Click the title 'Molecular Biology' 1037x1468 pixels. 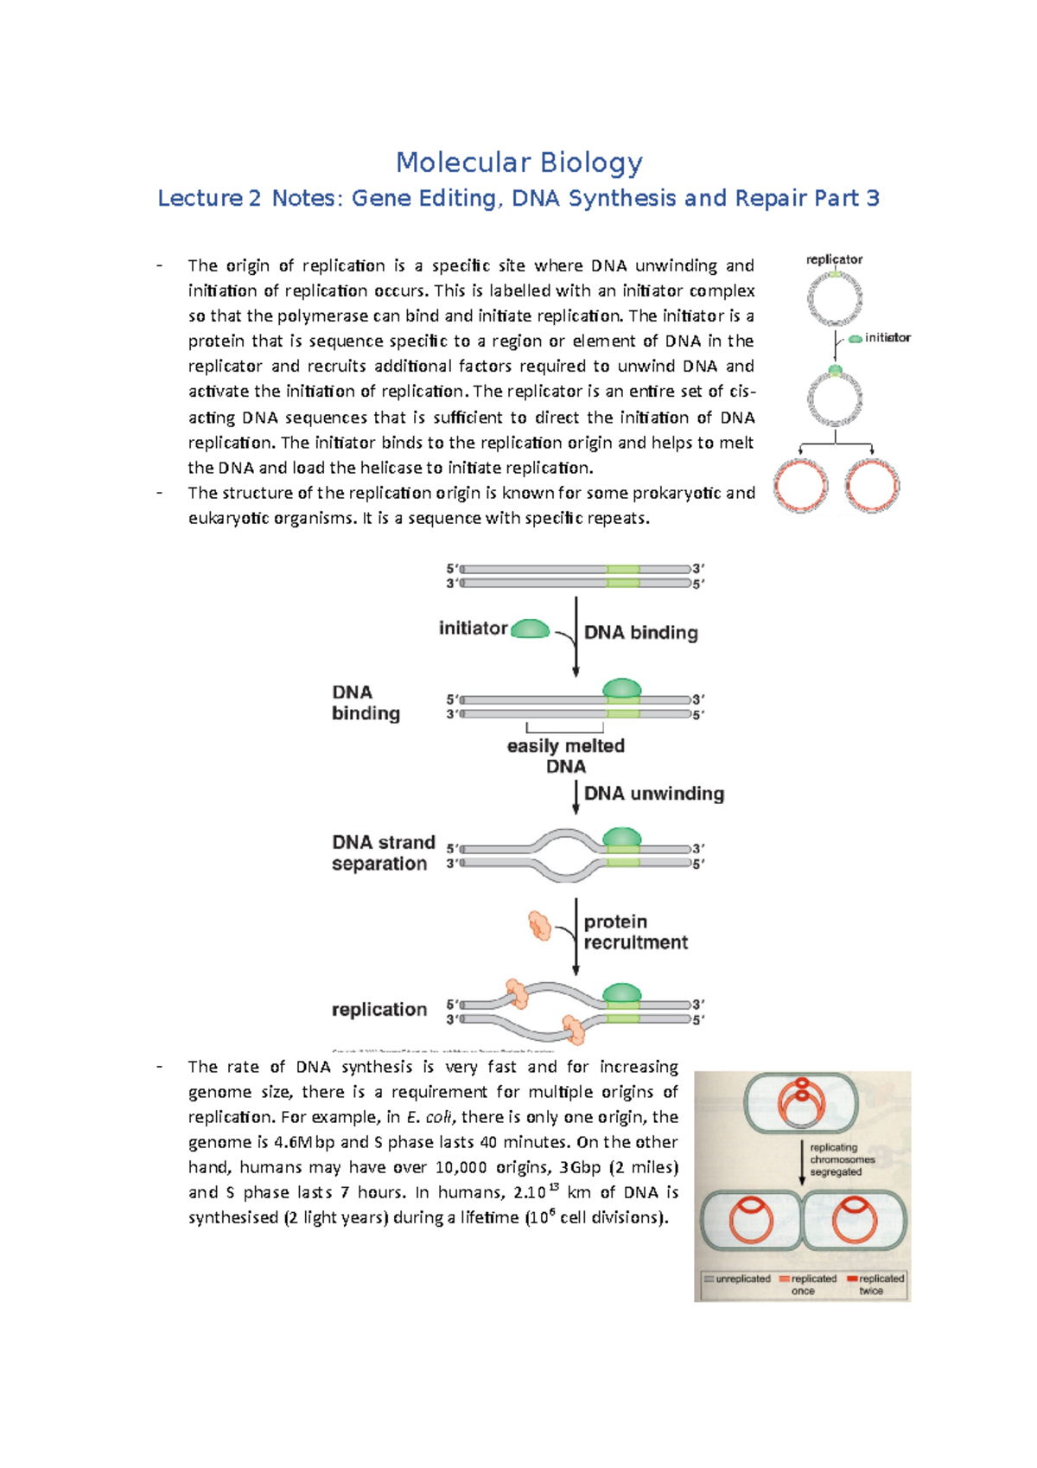click(518, 163)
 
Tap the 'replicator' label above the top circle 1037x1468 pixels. click(834, 259)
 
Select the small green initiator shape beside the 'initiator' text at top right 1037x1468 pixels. click(856, 339)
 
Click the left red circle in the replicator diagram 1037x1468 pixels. click(800, 486)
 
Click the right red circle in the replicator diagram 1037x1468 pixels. click(871, 486)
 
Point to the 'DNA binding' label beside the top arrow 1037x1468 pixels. click(640, 633)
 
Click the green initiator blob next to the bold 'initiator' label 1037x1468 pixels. click(530, 629)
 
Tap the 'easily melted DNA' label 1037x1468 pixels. click(565, 756)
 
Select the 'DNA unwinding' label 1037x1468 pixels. click(653, 794)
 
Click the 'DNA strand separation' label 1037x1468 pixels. click(382, 852)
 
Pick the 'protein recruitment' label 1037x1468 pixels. click(634, 932)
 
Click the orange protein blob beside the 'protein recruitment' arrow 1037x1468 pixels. click(540, 926)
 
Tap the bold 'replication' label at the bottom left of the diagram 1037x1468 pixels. click(379, 1010)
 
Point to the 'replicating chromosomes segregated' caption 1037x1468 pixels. click(841, 1159)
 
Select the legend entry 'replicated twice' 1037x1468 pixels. click(877, 1284)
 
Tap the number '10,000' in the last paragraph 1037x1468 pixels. click(461, 1167)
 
